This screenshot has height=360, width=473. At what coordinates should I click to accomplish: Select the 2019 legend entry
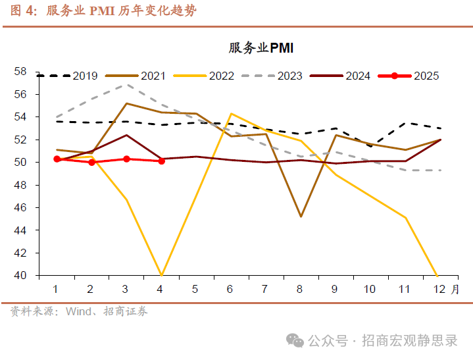[x=85, y=76]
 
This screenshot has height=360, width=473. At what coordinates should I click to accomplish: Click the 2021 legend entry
[x=153, y=76]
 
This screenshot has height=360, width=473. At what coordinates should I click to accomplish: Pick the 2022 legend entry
[x=222, y=76]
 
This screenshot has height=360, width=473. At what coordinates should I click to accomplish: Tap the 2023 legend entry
[x=289, y=76]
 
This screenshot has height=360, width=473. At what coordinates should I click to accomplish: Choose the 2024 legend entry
[x=358, y=76]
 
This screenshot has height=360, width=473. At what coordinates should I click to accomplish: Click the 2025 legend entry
[x=426, y=76]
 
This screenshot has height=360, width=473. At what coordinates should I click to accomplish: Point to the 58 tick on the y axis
[x=20, y=71]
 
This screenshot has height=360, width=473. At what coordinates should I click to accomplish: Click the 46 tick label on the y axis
[x=20, y=207]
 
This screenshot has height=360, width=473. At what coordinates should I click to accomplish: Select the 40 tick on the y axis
[x=20, y=275]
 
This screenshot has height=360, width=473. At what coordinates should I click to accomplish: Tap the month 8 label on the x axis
[x=301, y=289]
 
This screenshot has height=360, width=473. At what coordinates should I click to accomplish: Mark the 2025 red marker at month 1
[x=57, y=159]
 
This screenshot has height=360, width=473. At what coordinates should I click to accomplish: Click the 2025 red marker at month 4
[x=161, y=161]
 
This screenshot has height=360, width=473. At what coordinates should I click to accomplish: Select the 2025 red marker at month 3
[x=126, y=159]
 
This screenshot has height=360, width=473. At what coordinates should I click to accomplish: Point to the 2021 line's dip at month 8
[x=301, y=217]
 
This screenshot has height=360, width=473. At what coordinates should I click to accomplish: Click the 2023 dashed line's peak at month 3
[x=126, y=84]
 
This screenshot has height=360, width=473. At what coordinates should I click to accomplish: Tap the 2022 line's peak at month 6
[x=231, y=113]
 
